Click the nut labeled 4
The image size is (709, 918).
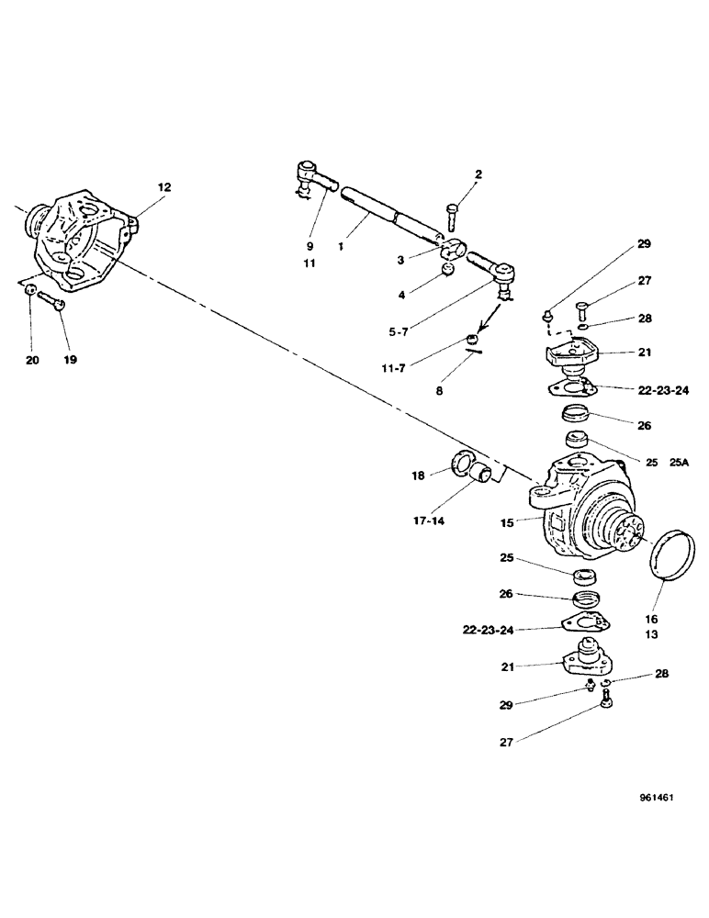447,269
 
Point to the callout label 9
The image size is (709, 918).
309,246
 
